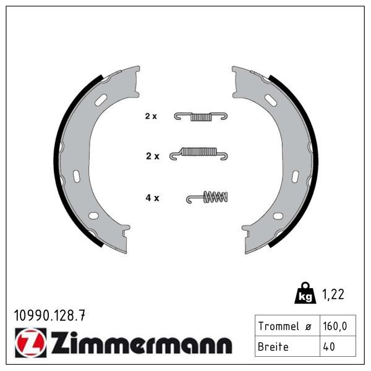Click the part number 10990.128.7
49,315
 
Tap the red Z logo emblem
31,343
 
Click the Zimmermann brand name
142,343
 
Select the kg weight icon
305,292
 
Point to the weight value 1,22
333,294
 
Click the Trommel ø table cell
288,326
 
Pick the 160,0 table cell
338,326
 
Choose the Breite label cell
288,346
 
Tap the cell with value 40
338,346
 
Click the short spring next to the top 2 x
201,116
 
